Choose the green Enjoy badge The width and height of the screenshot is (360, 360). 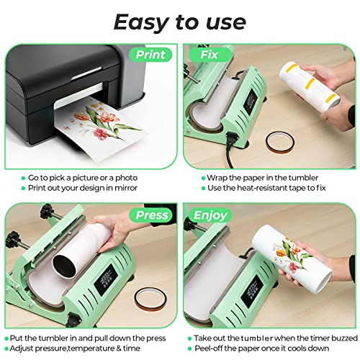[x=210, y=215]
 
